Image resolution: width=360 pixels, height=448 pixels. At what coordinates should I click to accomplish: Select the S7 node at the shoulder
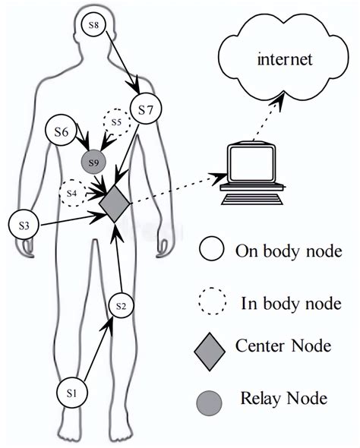tap(146, 111)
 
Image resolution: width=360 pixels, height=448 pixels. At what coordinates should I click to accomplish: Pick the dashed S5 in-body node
tap(116, 121)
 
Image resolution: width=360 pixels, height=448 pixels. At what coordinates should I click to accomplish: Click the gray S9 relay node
tap(93, 162)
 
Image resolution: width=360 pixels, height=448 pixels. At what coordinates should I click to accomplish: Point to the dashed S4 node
tap(72, 193)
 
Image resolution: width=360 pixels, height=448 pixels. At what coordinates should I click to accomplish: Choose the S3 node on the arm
tap(24, 226)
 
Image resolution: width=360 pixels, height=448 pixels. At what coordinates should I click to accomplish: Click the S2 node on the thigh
tap(121, 305)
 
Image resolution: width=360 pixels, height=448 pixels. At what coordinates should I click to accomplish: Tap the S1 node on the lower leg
tap(72, 393)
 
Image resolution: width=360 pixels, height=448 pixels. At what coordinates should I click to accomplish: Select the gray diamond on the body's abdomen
tap(115, 202)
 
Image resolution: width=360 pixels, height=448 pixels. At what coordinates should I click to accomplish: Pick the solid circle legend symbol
tap(211, 250)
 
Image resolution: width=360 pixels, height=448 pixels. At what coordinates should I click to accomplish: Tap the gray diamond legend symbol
tap(211, 347)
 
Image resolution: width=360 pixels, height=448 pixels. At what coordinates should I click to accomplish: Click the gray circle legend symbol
tap(211, 398)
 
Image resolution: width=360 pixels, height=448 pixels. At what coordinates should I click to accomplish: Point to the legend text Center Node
tap(283, 347)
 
